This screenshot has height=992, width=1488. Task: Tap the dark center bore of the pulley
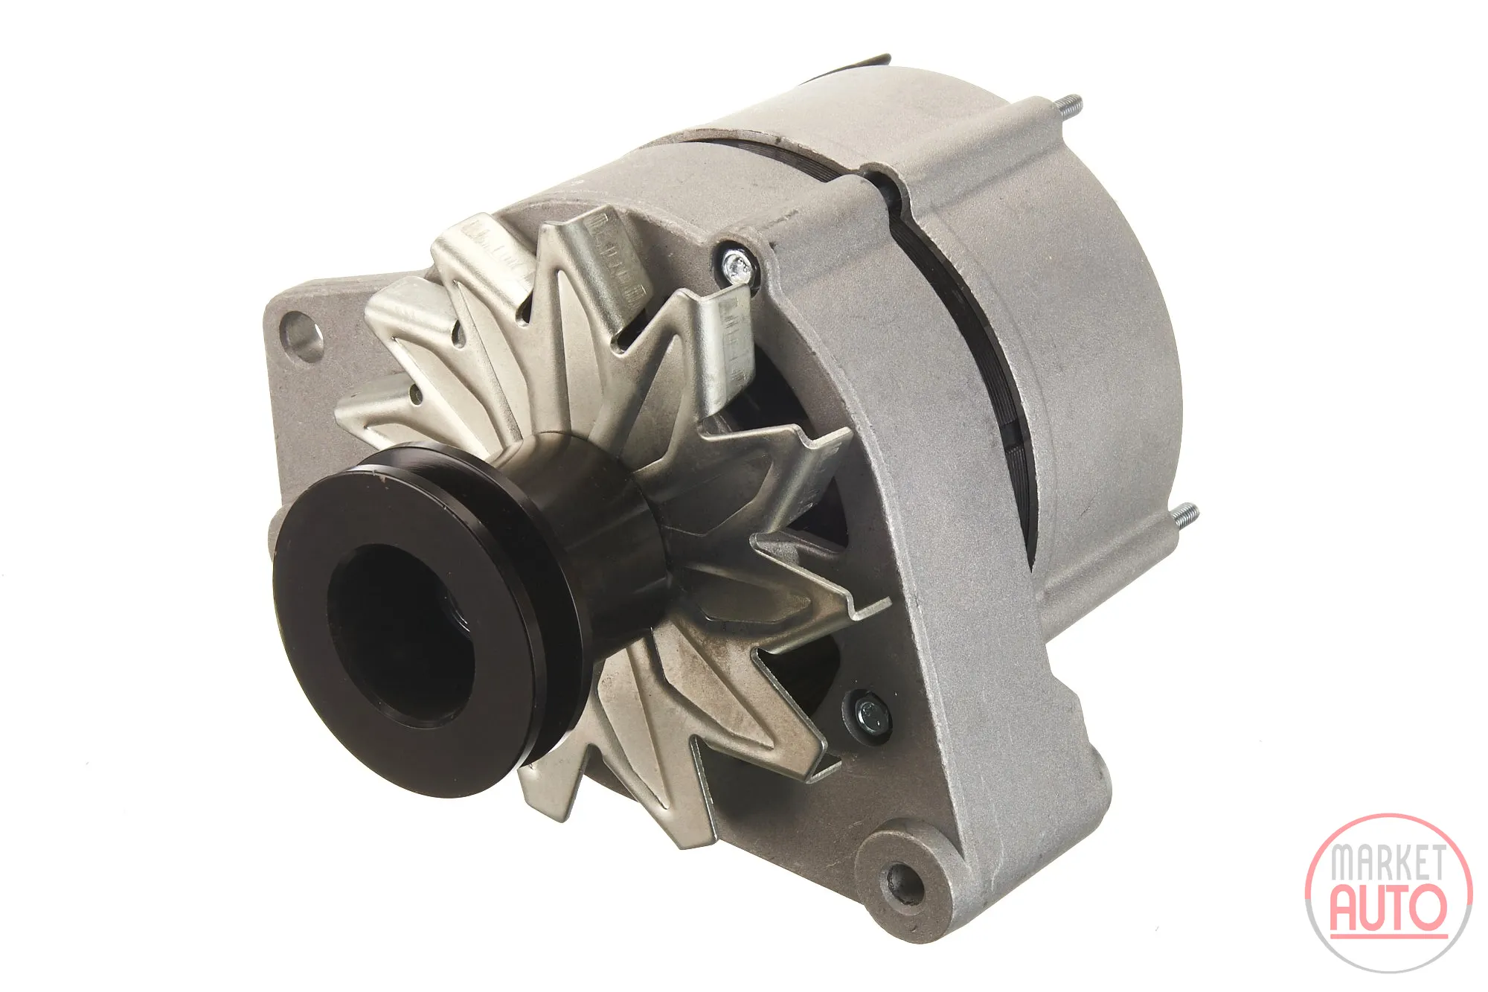coord(402,633)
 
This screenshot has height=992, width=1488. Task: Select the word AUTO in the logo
coord(1388,906)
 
